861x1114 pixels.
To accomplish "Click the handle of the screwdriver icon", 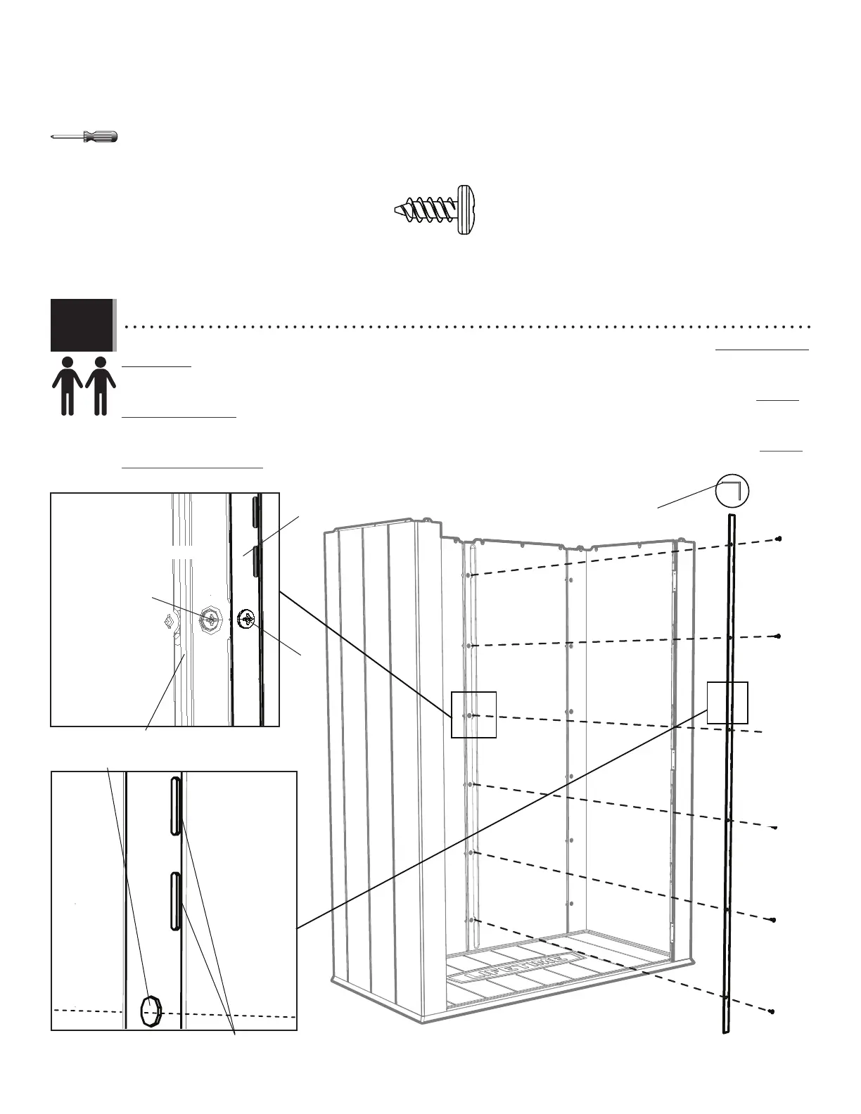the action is click(101, 136).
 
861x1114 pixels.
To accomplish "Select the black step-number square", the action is click(82, 324).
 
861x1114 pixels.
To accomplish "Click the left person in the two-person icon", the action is click(68, 385).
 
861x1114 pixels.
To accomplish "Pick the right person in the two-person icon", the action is click(101, 385).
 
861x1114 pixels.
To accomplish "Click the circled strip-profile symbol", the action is click(732, 490).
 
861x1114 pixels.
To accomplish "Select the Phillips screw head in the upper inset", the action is click(247, 620).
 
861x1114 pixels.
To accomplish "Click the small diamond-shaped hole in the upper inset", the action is click(168, 621).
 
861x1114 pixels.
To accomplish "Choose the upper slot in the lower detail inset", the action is click(175, 805).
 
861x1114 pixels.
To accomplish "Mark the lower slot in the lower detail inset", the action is click(175, 901).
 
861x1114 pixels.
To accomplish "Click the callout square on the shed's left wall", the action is click(473, 715).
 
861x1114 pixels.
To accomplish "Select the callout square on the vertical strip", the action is click(727, 702).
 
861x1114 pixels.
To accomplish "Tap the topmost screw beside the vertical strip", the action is click(779, 539).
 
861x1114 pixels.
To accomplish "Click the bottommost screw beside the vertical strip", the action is click(772, 1011).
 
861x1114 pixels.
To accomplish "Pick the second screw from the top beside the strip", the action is click(779, 636).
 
